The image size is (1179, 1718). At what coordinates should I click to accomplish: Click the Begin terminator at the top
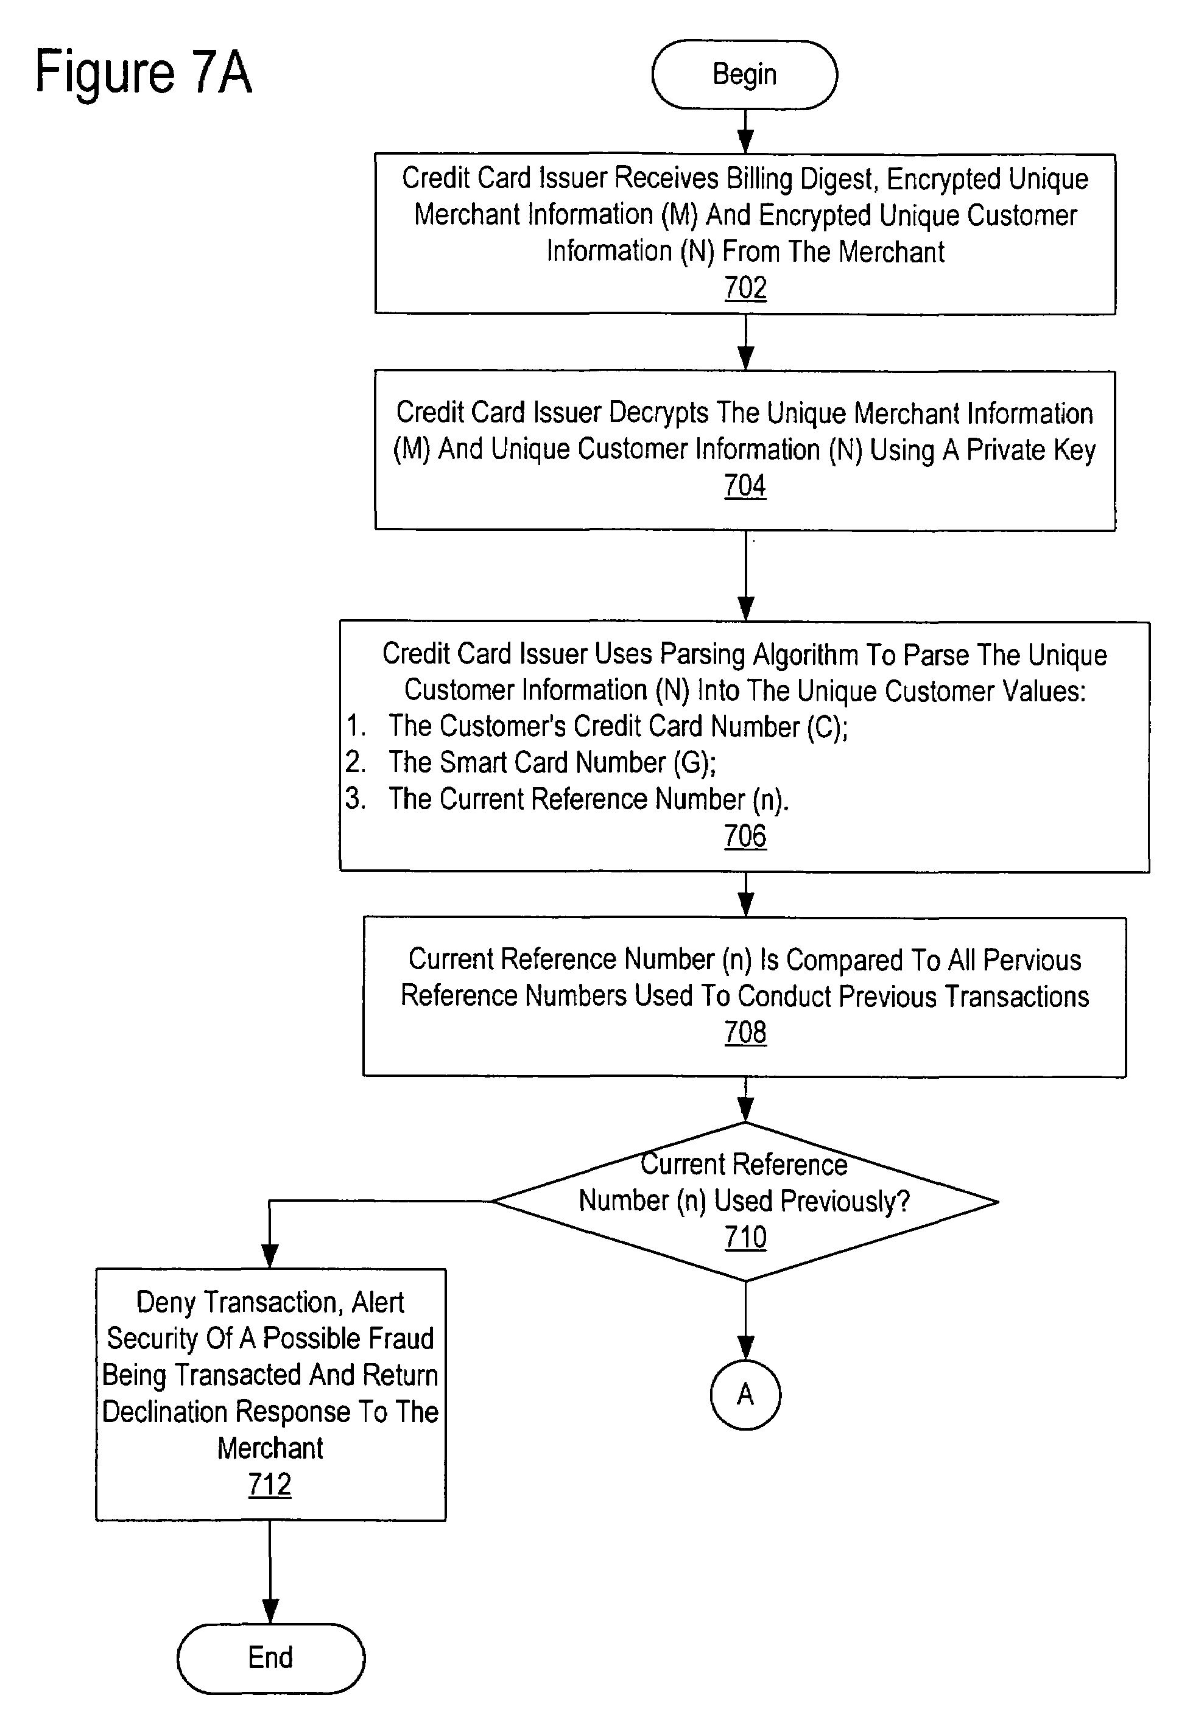pyautogui.click(x=745, y=75)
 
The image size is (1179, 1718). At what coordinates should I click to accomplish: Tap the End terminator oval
pyautogui.click(x=271, y=1658)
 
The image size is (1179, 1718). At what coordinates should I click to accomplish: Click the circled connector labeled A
pyautogui.click(x=745, y=1394)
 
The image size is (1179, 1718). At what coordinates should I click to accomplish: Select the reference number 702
pyautogui.click(x=745, y=287)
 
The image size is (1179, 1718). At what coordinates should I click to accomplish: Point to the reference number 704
pyautogui.click(x=745, y=486)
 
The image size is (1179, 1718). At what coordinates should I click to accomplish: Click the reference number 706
pyautogui.click(x=745, y=836)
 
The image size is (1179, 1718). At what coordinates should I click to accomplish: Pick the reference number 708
pyautogui.click(x=745, y=1033)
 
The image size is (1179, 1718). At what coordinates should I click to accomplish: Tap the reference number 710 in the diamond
pyautogui.click(x=745, y=1237)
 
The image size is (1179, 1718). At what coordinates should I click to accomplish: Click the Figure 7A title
pyautogui.click(x=144, y=72)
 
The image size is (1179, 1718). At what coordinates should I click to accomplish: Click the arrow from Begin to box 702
pyautogui.click(x=745, y=131)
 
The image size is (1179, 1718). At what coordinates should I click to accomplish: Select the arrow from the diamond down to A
pyautogui.click(x=745, y=1320)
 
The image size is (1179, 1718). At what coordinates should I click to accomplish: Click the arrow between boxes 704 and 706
pyautogui.click(x=745, y=576)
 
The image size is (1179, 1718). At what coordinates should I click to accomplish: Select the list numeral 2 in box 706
pyautogui.click(x=355, y=762)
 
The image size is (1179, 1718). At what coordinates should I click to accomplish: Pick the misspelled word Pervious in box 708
pyautogui.click(x=1033, y=960)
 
